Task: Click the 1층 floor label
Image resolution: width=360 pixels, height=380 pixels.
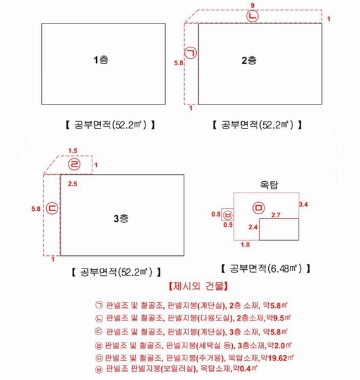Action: [101, 60]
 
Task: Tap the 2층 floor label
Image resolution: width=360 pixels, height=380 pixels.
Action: [249, 60]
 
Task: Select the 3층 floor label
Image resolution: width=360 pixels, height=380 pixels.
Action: [121, 218]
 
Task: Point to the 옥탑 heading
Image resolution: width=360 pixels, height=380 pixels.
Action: [270, 185]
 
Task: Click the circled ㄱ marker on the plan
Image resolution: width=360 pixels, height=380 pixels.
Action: [191, 53]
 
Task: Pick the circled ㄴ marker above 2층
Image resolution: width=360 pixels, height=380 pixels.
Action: [252, 16]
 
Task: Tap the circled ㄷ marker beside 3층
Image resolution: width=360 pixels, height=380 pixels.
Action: [53, 208]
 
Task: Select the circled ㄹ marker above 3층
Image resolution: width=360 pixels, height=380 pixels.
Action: [74, 164]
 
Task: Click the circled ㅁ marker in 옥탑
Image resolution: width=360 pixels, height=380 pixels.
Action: [259, 208]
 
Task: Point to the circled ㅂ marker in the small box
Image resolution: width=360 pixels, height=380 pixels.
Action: [228, 215]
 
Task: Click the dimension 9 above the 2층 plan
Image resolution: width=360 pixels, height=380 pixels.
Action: [252, 5]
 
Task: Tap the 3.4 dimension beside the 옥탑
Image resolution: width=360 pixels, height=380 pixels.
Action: [303, 205]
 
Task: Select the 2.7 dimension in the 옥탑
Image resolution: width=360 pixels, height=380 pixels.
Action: [276, 215]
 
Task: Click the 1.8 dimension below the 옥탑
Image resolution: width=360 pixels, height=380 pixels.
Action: [245, 244]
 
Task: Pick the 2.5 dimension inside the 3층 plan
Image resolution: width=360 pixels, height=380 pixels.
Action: [72, 184]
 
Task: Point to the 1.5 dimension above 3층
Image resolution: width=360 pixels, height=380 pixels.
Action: [72, 151]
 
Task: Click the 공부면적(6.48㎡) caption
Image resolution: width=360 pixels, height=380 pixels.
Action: [266, 269]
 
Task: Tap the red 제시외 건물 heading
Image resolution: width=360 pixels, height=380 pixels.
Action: [198, 286]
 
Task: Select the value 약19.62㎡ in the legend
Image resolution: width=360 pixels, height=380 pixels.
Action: [276, 358]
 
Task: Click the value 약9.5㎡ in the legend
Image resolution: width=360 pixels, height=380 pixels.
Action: [278, 318]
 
